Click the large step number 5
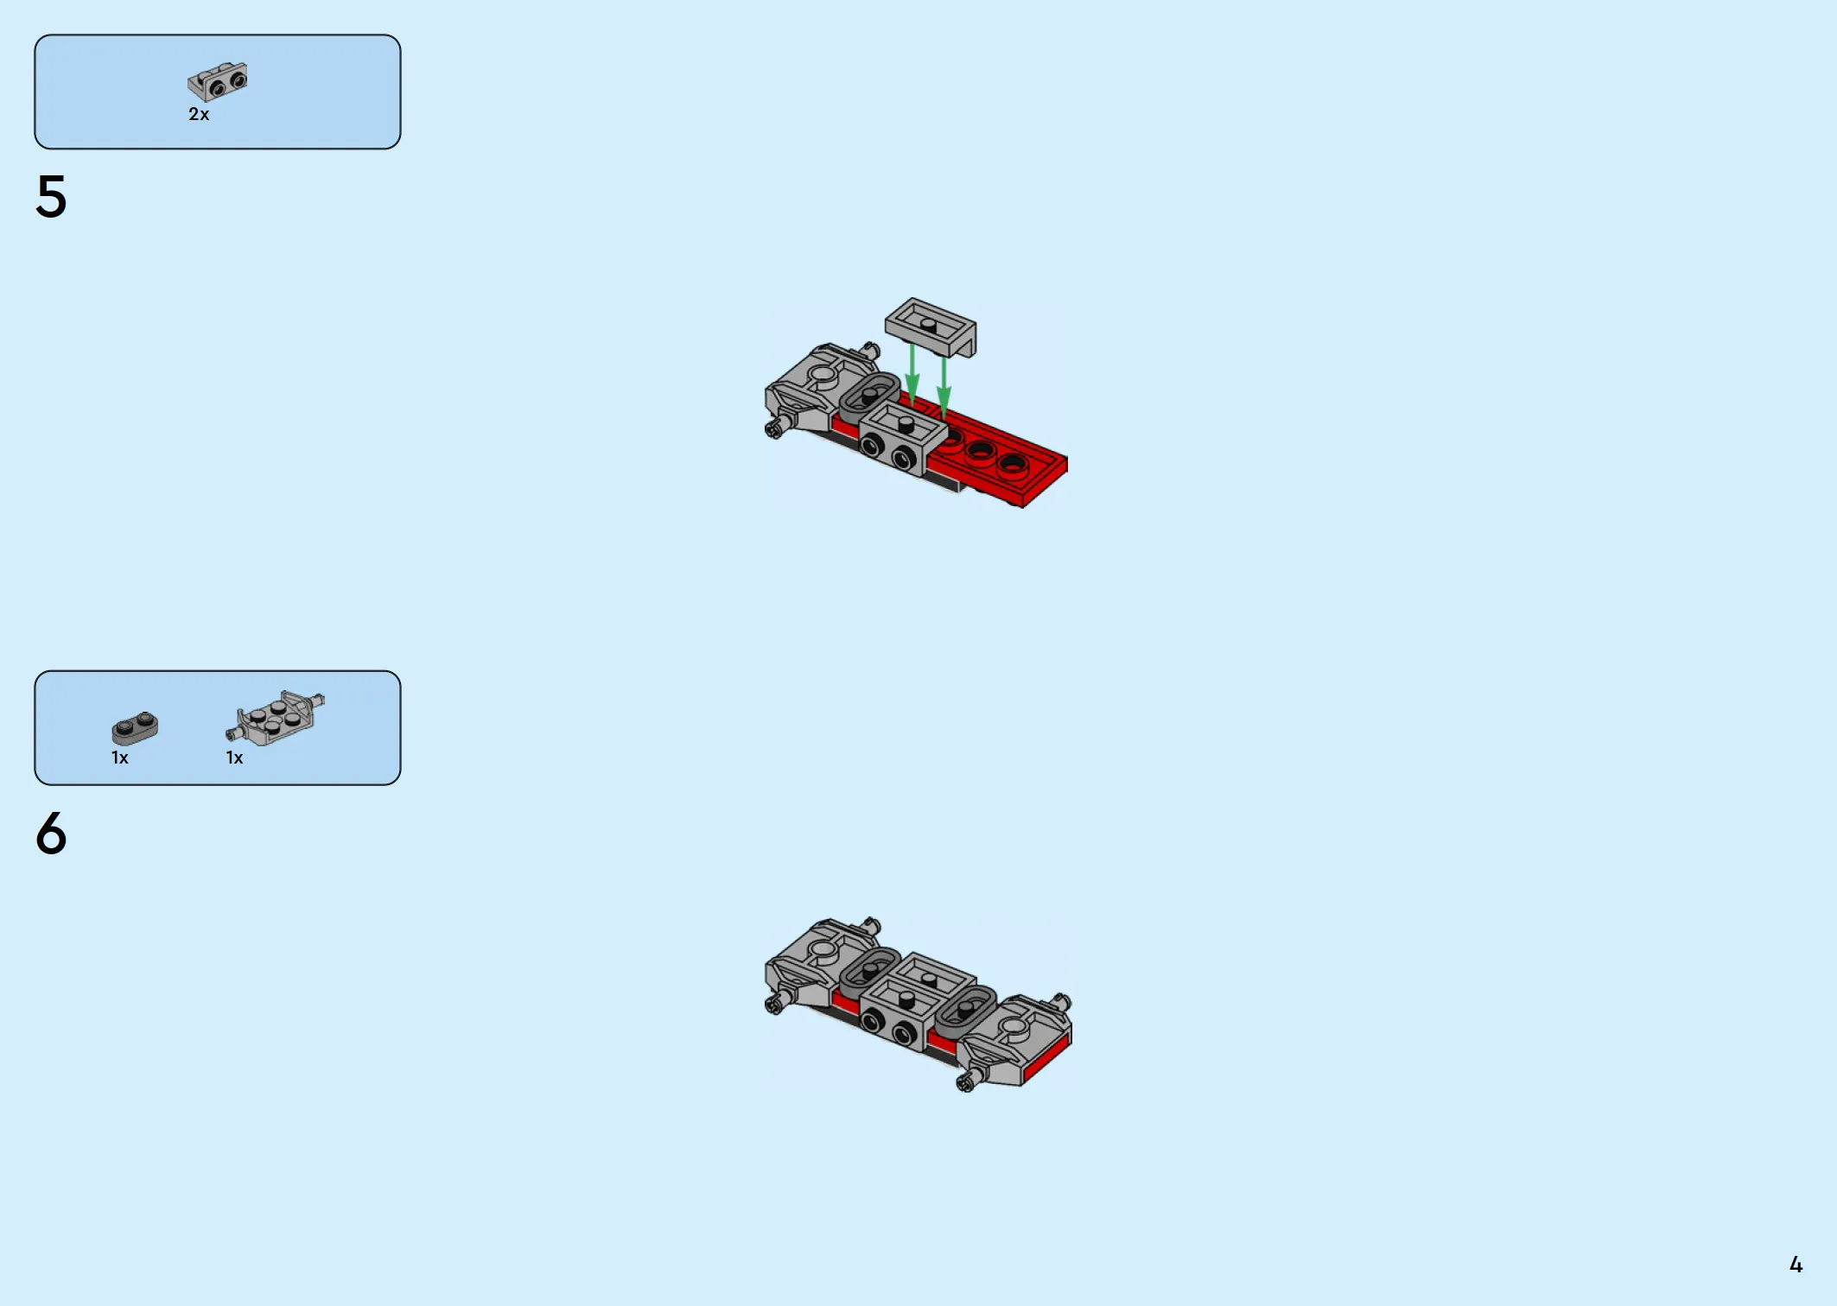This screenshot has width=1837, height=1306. (x=51, y=196)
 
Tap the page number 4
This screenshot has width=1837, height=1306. (x=1796, y=1265)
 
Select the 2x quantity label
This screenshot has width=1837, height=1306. (x=199, y=114)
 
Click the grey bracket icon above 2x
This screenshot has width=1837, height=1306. (x=218, y=81)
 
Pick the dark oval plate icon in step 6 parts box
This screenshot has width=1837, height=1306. (x=135, y=728)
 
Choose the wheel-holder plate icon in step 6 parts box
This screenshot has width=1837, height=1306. (x=276, y=717)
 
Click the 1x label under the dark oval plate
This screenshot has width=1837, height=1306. (x=120, y=758)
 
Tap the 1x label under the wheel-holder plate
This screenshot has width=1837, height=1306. (x=235, y=758)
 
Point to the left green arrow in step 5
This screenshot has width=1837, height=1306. (x=912, y=375)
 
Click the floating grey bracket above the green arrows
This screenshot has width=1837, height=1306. (x=931, y=326)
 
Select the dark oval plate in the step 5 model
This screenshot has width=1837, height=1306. (x=869, y=396)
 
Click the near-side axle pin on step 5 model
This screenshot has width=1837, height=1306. (x=776, y=427)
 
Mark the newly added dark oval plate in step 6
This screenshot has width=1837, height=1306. (x=966, y=1011)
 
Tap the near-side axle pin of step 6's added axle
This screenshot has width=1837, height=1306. (x=969, y=1080)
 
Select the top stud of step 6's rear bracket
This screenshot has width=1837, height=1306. (x=930, y=979)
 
